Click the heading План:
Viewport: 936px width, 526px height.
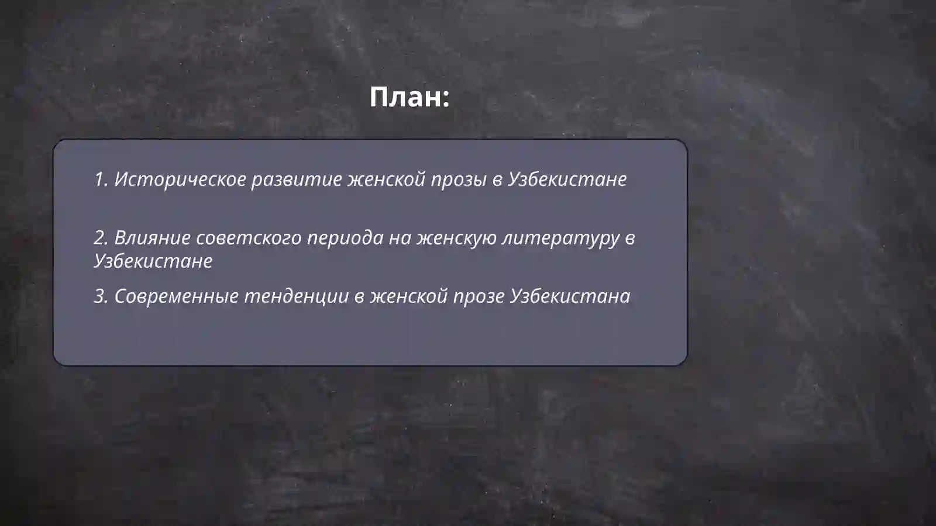[x=409, y=97]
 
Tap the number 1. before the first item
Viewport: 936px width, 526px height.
[x=101, y=179]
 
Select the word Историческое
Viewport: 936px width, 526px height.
[x=180, y=179]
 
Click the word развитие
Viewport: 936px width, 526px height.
[x=296, y=179]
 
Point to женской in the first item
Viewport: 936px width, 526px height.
[x=386, y=179]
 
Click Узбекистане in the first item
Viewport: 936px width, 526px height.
[x=567, y=179]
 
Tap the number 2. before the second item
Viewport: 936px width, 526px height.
[x=101, y=238]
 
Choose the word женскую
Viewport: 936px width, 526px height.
[x=456, y=238]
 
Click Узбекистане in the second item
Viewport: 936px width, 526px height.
[x=153, y=261]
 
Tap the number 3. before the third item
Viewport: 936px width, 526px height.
[x=101, y=296]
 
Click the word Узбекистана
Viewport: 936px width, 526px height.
[x=570, y=296]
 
